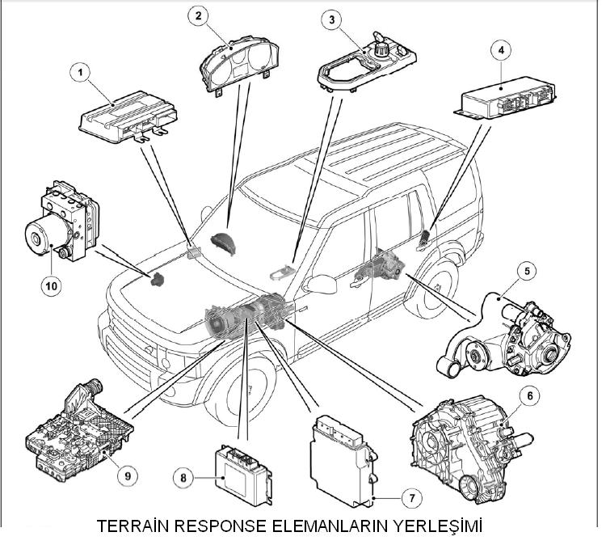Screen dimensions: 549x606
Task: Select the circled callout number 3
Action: click(327, 19)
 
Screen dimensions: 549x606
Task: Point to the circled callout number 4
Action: click(501, 50)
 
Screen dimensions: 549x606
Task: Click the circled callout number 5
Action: click(526, 271)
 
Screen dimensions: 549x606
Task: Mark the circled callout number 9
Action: click(126, 475)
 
